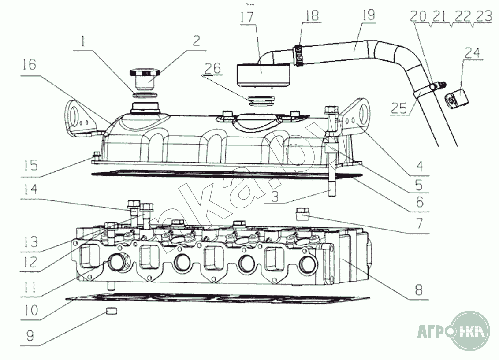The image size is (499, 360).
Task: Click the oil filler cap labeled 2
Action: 144,75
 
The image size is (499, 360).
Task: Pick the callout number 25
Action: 399,108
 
